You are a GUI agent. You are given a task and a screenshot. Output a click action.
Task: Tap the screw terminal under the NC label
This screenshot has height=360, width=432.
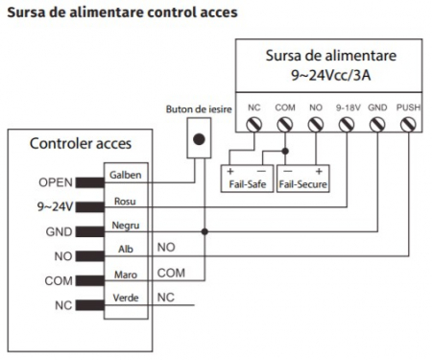254,124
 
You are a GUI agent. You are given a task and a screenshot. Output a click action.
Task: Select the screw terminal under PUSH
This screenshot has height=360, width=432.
407,124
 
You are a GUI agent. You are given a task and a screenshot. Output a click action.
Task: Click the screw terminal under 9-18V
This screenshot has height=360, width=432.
347,124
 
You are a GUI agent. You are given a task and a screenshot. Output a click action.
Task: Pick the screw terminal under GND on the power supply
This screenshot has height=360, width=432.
377,124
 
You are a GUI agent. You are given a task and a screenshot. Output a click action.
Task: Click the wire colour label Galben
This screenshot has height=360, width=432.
127,175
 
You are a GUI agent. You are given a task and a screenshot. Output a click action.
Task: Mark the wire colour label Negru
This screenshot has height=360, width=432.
125,225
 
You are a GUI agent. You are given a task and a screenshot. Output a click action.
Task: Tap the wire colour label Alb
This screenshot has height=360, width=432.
124,250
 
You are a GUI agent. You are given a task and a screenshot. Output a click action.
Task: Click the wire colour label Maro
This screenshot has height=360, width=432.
125,276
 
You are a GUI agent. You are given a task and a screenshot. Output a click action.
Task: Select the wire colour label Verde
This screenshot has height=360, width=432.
126,300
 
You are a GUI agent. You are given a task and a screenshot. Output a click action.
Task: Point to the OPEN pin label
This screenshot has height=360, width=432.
56,181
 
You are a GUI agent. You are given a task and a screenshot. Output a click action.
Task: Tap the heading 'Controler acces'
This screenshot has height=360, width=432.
80,144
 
